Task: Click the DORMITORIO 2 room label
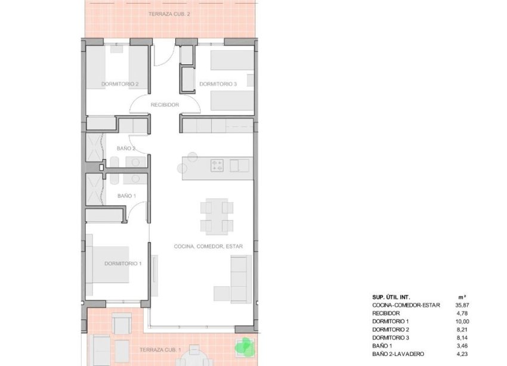[120, 84]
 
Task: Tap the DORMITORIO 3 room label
[218, 84]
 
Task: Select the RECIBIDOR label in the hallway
[165, 105]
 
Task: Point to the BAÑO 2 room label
[126, 148]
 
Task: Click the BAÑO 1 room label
[126, 196]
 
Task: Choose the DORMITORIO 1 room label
[123, 263]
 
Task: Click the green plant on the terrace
[243, 346]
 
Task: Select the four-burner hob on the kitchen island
[217, 165]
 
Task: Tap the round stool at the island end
[192, 157]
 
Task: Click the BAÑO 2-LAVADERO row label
[398, 353]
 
